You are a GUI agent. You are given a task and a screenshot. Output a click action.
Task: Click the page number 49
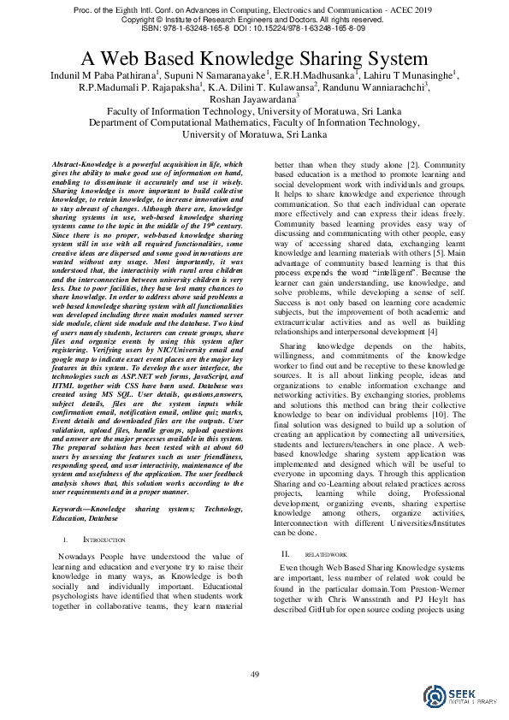point(254,676)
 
